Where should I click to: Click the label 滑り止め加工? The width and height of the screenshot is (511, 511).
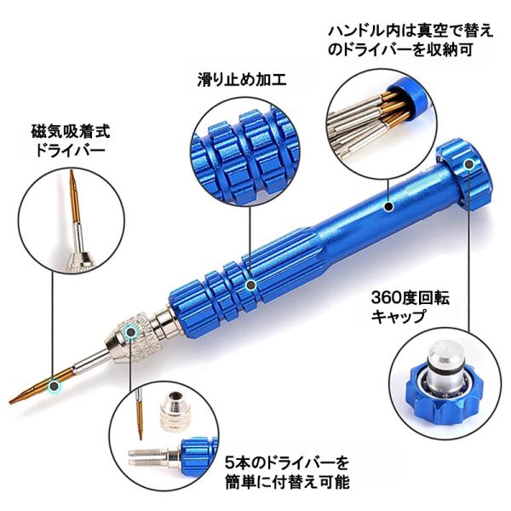point(242,79)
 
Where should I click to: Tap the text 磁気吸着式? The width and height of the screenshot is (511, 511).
point(71,131)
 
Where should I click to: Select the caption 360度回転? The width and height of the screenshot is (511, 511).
point(411,298)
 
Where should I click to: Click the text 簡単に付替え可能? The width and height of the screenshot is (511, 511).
point(288,482)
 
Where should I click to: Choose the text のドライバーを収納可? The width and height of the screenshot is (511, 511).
point(400,50)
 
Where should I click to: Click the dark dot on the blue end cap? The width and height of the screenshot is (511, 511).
point(468,164)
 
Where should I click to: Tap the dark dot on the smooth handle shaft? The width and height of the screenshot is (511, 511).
point(388,206)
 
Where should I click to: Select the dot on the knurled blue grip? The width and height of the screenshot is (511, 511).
point(250,285)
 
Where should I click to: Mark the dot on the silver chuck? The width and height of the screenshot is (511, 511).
point(130,332)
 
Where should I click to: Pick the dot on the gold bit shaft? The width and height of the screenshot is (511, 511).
point(54,386)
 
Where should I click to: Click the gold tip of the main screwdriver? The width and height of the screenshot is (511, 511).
point(9,403)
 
